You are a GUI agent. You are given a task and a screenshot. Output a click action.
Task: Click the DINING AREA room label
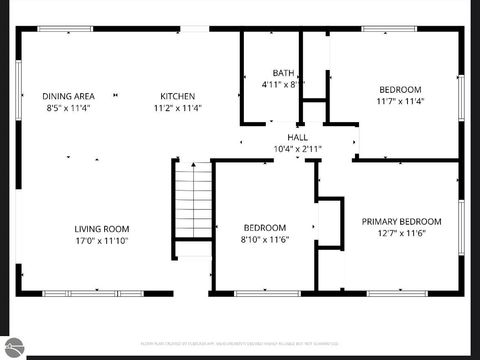pyautogui.click(x=67, y=96)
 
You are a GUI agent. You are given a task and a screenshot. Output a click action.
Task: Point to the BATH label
pyautogui.click(x=284, y=73)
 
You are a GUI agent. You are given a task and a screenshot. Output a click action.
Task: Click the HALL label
pyautogui.click(x=297, y=137)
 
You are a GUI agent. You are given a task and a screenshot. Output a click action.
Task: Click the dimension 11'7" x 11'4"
pyautogui.click(x=400, y=101)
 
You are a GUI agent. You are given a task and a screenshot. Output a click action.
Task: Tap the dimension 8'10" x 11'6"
pyautogui.click(x=264, y=240)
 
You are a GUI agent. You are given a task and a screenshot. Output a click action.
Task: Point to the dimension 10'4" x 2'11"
pyautogui.click(x=297, y=148)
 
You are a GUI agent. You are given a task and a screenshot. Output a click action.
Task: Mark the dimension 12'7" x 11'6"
pyautogui.click(x=401, y=233)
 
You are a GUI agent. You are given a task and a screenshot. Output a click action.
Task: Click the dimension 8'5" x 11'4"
pyautogui.click(x=67, y=108)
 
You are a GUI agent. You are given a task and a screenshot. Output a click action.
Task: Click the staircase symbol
pyautogui.click(x=193, y=201)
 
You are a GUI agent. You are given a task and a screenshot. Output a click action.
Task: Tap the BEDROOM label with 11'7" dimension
pyautogui.click(x=400, y=89)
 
